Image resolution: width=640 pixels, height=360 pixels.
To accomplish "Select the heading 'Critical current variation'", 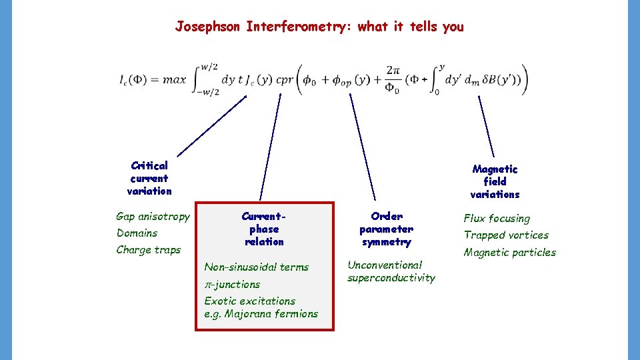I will [x=149, y=178].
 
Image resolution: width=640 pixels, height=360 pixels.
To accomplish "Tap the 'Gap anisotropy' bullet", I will [x=153, y=216].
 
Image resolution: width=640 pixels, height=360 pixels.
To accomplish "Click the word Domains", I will [x=137, y=233].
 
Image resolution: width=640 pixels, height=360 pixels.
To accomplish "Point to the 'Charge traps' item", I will [x=148, y=250].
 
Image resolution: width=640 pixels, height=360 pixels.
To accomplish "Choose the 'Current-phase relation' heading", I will [x=264, y=229].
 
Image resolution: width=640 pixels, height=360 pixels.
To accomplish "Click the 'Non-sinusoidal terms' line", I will [x=256, y=267].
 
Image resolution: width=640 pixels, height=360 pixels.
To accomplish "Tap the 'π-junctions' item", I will [x=232, y=284].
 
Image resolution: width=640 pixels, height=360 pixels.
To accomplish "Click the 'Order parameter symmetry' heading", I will [x=387, y=229].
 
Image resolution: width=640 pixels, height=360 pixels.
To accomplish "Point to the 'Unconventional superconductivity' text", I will [x=391, y=271].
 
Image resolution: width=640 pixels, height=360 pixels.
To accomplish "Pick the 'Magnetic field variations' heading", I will [x=495, y=181].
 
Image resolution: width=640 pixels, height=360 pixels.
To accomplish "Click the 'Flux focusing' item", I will [x=497, y=219].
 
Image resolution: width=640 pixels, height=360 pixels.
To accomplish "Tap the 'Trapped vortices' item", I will [x=506, y=235].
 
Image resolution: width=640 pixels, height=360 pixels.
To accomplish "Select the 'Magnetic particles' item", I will [x=509, y=252].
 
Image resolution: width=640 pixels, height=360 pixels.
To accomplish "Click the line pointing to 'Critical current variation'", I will [x=212, y=126].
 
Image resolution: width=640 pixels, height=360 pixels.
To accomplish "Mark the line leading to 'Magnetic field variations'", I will [x=486, y=126].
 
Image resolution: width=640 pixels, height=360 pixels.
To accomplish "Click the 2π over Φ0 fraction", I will [x=393, y=79].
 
